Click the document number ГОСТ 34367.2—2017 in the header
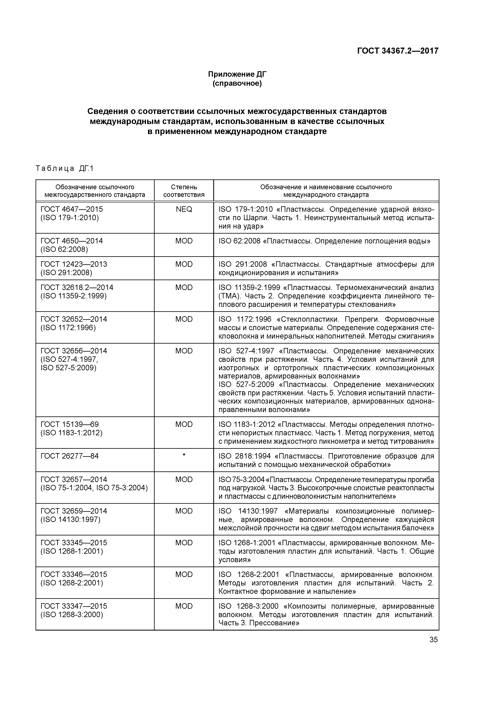click(398, 51)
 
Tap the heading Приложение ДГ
click(237, 74)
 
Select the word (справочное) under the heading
click(237, 83)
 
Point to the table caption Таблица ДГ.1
click(64, 168)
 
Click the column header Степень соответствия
click(184, 191)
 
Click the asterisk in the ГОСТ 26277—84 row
click(184, 456)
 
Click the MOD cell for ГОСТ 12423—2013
click(184, 264)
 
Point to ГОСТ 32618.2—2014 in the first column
click(77, 287)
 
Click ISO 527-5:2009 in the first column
click(68, 368)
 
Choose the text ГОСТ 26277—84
click(70, 456)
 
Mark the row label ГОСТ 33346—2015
click(74, 574)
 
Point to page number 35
click(434, 640)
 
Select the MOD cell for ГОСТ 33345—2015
click(184, 542)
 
